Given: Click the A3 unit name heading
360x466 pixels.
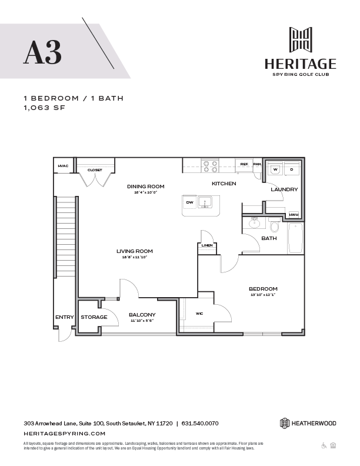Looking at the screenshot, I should (x=42, y=52).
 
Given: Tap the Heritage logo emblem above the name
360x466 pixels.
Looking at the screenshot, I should (x=300, y=39).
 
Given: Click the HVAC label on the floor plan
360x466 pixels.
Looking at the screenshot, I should (x=63, y=166).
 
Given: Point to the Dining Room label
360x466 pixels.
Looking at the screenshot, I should (x=145, y=187).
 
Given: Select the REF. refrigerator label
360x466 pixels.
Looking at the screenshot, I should (x=243, y=164).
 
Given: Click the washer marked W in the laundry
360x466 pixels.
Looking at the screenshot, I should (x=275, y=169).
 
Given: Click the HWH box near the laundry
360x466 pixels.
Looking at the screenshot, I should (x=294, y=215).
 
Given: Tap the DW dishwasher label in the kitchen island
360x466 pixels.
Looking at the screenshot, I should (x=189, y=202).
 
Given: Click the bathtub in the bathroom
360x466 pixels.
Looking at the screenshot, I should (x=295, y=238).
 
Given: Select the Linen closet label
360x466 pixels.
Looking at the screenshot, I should (x=206, y=245).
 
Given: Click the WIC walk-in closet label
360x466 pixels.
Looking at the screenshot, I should (x=199, y=314).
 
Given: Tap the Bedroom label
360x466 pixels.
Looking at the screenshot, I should (x=259, y=288).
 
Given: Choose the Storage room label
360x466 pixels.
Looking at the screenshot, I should (x=94, y=317).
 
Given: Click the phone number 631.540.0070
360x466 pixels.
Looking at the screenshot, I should (x=200, y=423).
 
